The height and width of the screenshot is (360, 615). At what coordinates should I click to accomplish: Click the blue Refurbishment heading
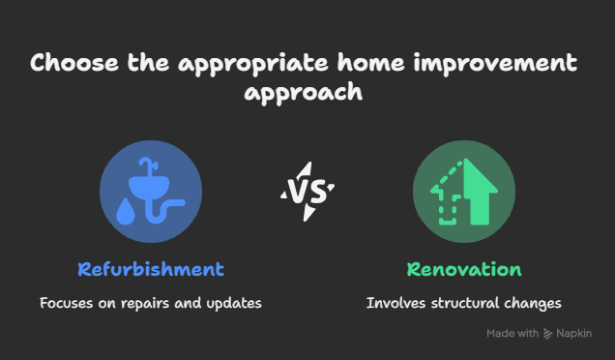coord(151,269)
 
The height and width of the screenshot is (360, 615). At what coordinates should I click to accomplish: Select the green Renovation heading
coord(464,269)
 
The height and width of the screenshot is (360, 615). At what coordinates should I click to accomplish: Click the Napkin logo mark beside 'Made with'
coord(548,334)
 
